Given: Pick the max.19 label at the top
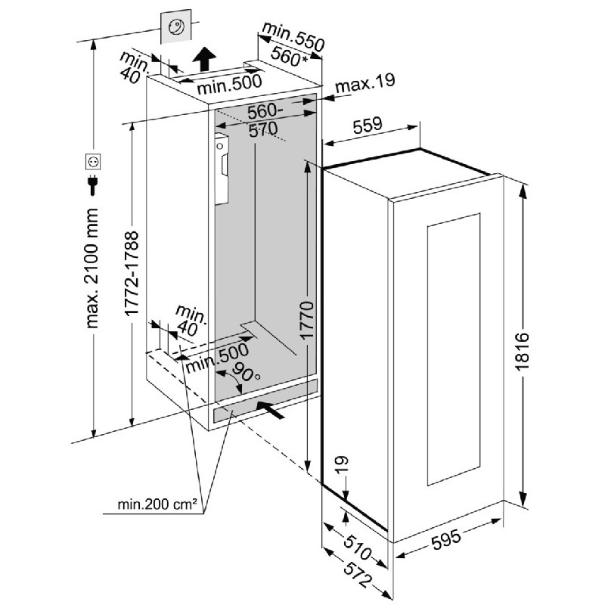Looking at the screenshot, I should pyautogui.click(x=366, y=84).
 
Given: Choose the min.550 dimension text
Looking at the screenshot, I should pyautogui.click(x=293, y=36).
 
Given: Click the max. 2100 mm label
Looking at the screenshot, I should pyautogui.click(x=93, y=268).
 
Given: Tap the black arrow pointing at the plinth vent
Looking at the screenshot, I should pyautogui.click(x=272, y=410).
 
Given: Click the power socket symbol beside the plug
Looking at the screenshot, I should pyautogui.click(x=93, y=162).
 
